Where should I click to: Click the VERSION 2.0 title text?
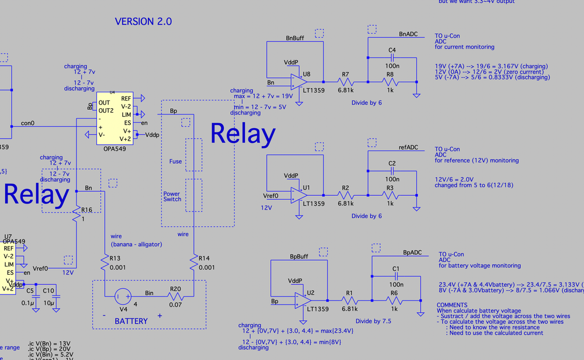click(143, 22)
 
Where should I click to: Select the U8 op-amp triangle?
click(299, 82)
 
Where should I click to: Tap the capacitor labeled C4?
click(392, 58)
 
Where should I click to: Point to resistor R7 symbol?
click(345, 82)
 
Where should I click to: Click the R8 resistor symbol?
click(390, 82)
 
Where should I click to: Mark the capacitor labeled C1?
click(396, 276)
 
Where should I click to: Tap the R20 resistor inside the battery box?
click(175, 297)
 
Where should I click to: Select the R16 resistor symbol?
click(77, 215)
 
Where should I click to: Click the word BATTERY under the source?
click(131, 321)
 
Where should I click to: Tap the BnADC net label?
click(408, 34)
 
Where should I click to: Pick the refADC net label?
click(408, 148)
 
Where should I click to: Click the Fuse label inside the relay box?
click(175, 161)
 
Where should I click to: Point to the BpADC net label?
click(412, 252)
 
